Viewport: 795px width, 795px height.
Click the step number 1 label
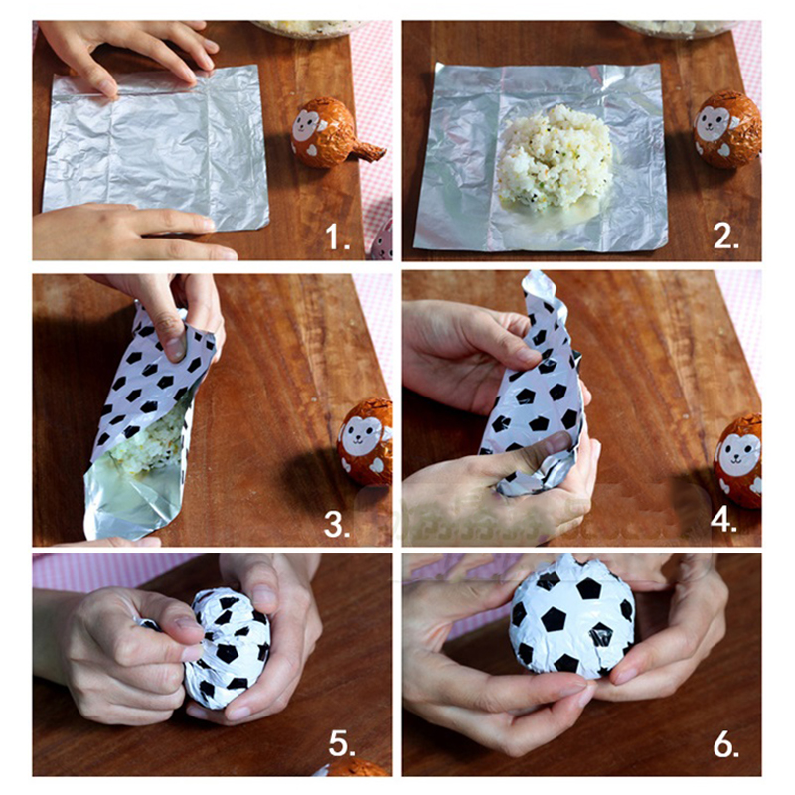(x=337, y=237)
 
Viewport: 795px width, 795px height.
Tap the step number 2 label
(x=725, y=237)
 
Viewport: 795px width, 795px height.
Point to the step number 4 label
(x=723, y=520)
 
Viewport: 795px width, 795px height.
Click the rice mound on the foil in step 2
(x=555, y=156)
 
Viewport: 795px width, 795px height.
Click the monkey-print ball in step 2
(x=727, y=129)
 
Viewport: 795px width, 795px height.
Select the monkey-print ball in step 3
(x=365, y=442)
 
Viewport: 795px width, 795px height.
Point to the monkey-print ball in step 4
(x=738, y=460)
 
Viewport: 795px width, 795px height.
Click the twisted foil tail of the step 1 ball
(x=369, y=151)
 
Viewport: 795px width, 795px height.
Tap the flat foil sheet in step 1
(x=156, y=147)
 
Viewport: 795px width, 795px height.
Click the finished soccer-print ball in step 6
(x=572, y=617)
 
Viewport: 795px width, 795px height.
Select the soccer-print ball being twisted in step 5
(x=226, y=648)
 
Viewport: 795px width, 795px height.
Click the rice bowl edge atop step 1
(x=309, y=29)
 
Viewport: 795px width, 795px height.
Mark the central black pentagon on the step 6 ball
(x=554, y=619)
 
